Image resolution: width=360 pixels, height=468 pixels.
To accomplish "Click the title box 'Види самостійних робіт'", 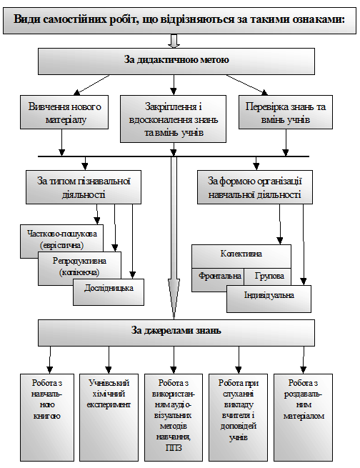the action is [x=179, y=20].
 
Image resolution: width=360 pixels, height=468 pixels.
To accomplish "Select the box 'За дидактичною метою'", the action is [x=176, y=61].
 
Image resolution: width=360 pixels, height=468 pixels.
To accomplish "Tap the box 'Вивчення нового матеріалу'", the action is [x=64, y=112].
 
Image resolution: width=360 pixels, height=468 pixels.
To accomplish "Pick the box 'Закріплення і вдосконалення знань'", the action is [x=173, y=119].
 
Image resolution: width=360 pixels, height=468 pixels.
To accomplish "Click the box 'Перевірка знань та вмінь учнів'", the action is [x=286, y=112].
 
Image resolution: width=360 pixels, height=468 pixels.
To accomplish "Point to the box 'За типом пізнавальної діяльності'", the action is [x=84, y=187].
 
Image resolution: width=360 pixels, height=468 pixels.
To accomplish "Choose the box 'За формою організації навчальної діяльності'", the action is [x=255, y=187].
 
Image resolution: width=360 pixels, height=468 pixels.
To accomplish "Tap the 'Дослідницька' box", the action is [x=109, y=292].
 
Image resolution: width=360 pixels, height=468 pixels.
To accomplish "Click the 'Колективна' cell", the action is [x=241, y=256].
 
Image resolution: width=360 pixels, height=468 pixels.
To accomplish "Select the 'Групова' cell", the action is [x=268, y=277].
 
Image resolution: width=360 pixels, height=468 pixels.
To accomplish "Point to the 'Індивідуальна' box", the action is [x=269, y=299].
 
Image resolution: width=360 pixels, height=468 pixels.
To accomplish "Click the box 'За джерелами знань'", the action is [x=176, y=333].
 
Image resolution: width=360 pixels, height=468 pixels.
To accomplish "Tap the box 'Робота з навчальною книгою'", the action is [x=47, y=417].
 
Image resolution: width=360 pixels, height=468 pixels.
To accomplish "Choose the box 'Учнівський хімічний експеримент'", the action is [x=109, y=417].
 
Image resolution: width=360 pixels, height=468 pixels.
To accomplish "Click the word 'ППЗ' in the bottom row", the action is [x=174, y=448].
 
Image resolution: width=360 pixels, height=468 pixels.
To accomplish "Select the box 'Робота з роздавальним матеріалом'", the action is [x=304, y=417].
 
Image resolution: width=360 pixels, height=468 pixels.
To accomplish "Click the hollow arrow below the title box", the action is [x=174, y=41].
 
